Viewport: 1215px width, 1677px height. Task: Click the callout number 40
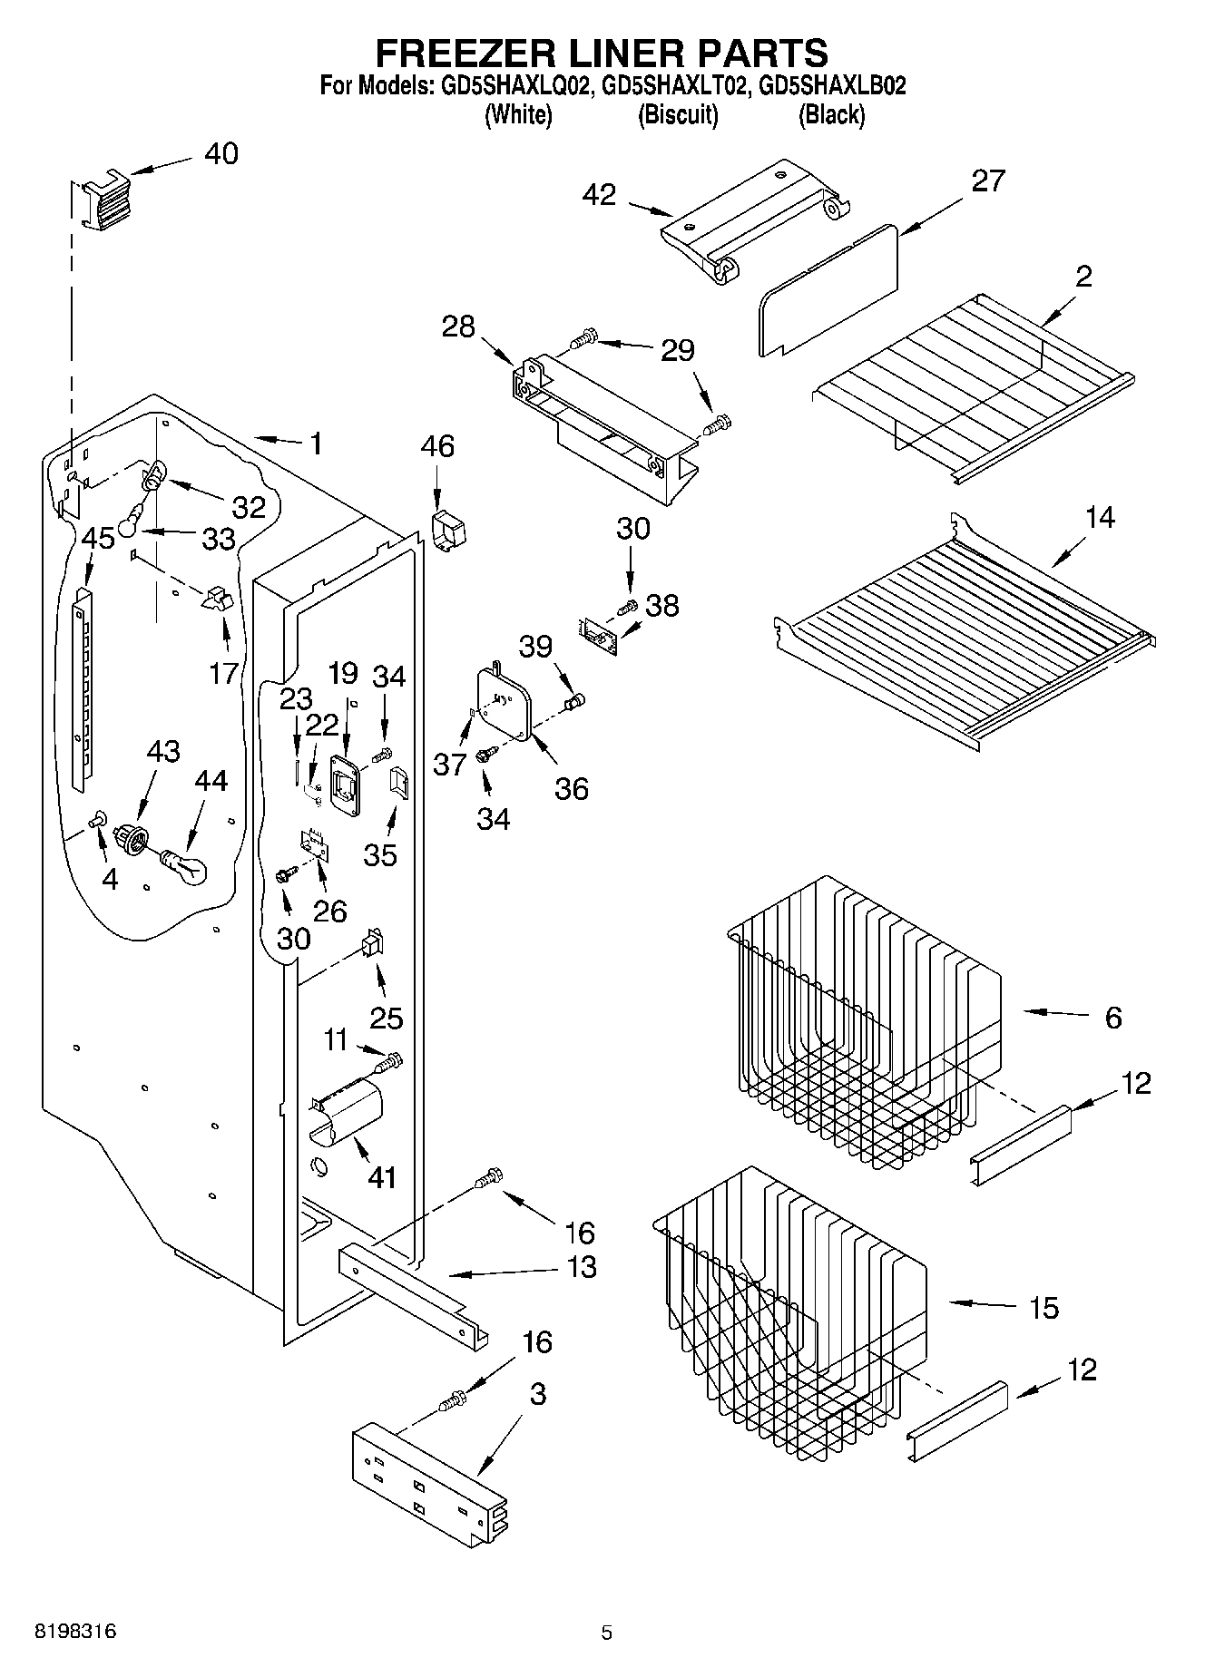(220, 153)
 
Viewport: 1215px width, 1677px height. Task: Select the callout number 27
(988, 180)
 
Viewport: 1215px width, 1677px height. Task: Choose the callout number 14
(1100, 518)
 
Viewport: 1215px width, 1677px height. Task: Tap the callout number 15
(1044, 1308)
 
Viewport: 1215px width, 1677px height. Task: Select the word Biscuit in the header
(678, 115)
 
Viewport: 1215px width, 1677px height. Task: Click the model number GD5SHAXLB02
(832, 86)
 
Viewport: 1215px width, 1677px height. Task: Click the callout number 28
(458, 327)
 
